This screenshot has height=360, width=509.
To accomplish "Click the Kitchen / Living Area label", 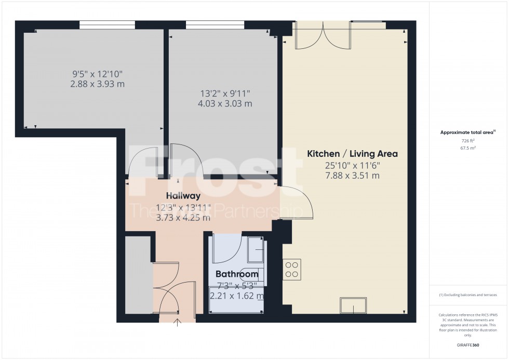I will (x=352, y=154).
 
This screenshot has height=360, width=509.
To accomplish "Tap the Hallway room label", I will (x=183, y=196).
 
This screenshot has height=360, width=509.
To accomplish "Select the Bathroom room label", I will (x=237, y=274).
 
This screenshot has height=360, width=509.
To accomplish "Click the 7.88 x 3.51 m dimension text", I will (x=353, y=176).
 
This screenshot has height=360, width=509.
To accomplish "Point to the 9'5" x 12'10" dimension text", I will (x=98, y=74).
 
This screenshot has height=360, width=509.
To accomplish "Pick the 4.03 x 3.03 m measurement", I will (x=226, y=103).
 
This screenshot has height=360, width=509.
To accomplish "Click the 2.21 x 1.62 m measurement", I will (x=237, y=296).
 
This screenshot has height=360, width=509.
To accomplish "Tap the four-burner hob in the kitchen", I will (x=292, y=269).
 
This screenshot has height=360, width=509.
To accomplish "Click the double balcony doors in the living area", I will (x=323, y=36).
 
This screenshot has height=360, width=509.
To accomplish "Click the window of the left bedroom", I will (x=107, y=24).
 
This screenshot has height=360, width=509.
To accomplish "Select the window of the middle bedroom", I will (x=215, y=24).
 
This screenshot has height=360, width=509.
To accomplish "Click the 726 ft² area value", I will (x=468, y=141).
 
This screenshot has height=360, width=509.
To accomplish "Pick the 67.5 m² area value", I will (x=468, y=148).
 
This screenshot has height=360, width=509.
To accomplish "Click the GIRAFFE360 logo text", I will (x=468, y=344).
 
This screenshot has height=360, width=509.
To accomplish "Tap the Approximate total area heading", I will (x=468, y=132).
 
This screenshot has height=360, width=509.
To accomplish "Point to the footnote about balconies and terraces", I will (x=468, y=295).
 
